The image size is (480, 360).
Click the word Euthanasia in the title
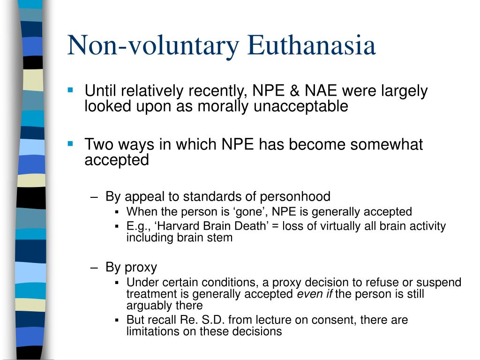311,46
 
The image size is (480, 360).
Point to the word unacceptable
301,106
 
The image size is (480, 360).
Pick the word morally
220,106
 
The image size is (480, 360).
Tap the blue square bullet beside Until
71,89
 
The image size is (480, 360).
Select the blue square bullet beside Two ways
71,142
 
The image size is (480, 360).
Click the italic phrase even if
314,294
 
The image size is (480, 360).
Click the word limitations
149,331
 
